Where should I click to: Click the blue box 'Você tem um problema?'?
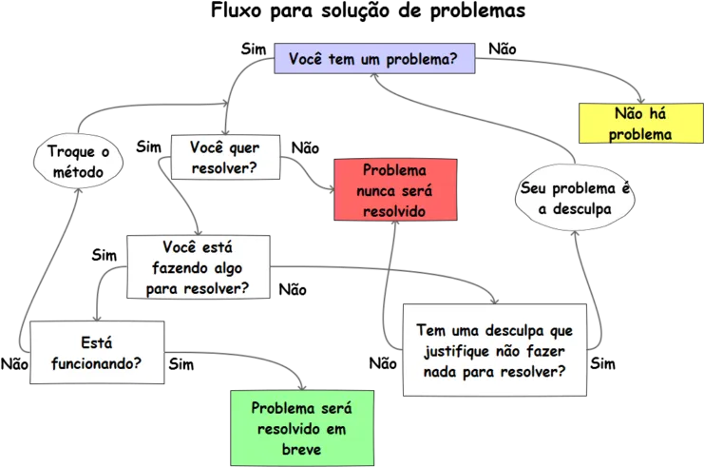click(374, 58)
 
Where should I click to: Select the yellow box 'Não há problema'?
click(641, 123)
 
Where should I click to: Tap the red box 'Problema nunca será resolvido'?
click(395, 189)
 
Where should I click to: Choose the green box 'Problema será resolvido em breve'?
click(302, 428)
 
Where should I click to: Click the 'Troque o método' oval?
click(78, 161)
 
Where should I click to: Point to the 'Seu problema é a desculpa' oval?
click(575, 198)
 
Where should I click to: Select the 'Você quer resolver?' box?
click(225, 157)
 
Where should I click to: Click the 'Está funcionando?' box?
click(97, 352)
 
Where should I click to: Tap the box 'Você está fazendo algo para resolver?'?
click(199, 267)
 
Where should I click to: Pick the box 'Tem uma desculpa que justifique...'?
click(495, 350)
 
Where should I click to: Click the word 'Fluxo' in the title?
click(237, 10)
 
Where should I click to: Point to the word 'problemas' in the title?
click(478, 11)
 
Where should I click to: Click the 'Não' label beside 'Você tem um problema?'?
click(503, 49)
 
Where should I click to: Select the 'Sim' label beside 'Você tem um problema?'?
click(254, 49)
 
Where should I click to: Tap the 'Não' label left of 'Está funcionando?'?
click(14, 364)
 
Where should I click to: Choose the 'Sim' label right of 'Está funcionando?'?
click(181, 364)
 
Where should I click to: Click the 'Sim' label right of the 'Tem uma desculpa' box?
click(602, 363)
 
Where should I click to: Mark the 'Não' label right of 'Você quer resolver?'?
click(305, 147)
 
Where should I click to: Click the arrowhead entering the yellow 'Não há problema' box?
click(641, 100)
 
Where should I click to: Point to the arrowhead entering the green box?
click(302, 387)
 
